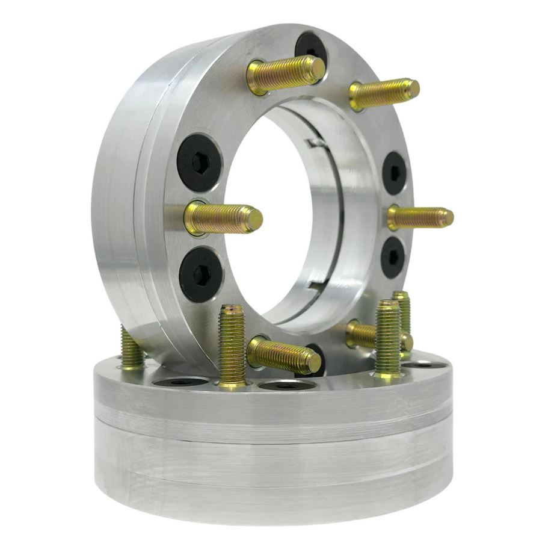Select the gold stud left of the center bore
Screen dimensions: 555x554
coord(223,218)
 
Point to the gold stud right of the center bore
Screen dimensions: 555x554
coord(420,217)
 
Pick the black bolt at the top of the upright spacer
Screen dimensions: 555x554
coord(311,46)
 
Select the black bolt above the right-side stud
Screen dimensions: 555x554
coord(394,173)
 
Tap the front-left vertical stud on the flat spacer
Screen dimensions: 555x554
coord(232,346)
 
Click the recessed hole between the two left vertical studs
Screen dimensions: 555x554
coord(180,382)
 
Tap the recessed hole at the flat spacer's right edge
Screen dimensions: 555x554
coord(423,364)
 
